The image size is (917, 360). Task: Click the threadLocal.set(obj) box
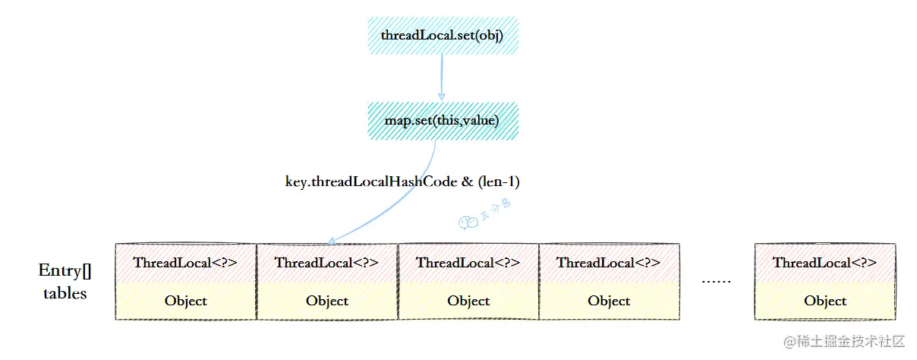point(442,36)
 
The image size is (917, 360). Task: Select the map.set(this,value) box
point(442,120)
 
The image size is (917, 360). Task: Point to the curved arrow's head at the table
point(331,242)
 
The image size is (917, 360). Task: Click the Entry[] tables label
point(65,282)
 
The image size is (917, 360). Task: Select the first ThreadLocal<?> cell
point(185,263)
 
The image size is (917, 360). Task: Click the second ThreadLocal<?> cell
point(326,263)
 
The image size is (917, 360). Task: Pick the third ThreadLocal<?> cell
point(468,263)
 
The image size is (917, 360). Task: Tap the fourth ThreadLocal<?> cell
point(609,263)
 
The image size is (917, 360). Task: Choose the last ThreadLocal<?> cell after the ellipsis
point(824,263)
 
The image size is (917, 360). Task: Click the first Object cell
point(185,301)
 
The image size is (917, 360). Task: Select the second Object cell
point(326,301)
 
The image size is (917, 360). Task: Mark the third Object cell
point(468,301)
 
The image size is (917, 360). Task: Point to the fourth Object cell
point(609,301)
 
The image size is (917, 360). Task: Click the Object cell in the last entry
point(824,301)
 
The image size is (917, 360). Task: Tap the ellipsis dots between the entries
point(716,282)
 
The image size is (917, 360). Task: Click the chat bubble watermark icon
point(468,222)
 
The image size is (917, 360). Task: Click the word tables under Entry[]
point(65,293)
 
